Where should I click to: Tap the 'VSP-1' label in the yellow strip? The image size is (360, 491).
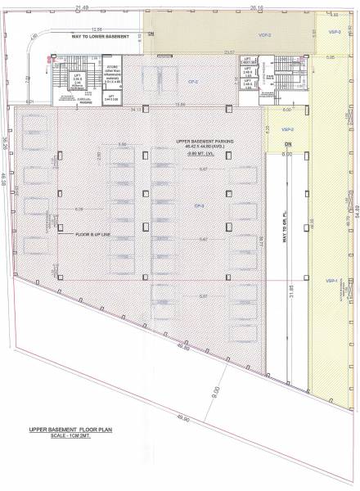(332, 280)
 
